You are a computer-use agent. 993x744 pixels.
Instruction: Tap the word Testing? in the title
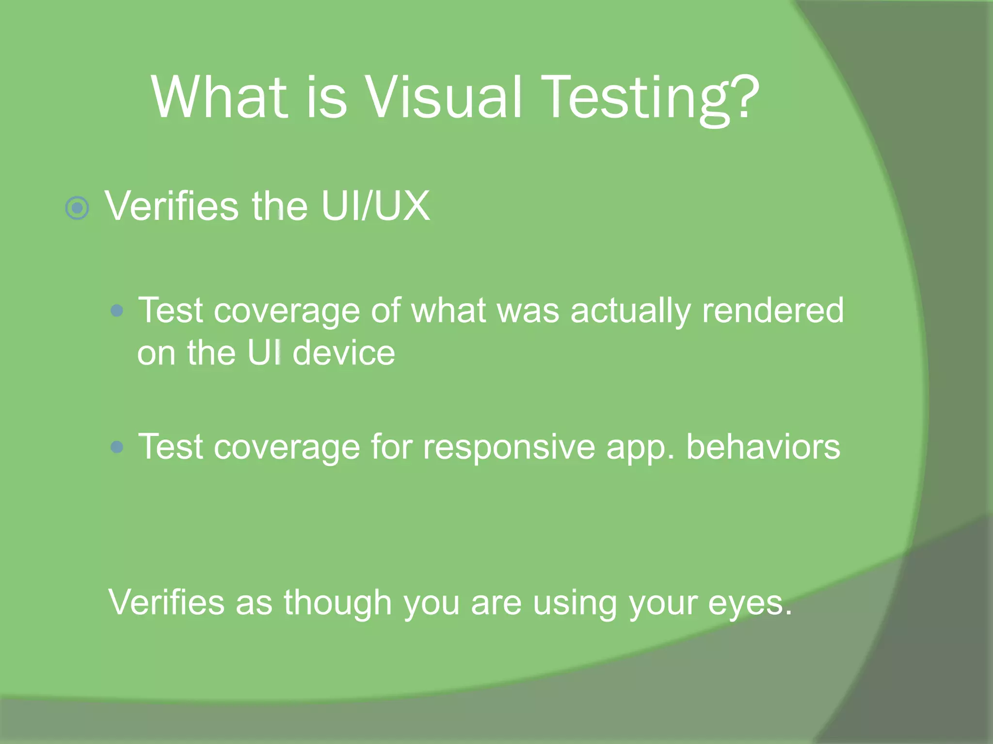(x=650, y=99)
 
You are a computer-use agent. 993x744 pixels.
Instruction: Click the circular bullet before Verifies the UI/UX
(x=77, y=208)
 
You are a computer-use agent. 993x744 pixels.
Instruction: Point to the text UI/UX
(x=375, y=206)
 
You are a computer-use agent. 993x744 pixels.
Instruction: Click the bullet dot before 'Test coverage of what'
(x=117, y=310)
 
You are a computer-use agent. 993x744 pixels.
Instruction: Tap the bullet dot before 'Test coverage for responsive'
(x=117, y=447)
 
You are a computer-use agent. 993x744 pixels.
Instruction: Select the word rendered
(x=773, y=310)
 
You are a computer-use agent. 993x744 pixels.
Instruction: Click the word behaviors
(x=763, y=447)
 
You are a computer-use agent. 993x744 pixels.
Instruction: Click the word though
(x=337, y=604)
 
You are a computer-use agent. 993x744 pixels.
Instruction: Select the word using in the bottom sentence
(x=575, y=604)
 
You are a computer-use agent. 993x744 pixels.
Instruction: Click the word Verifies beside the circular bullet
(x=172, y=206)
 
